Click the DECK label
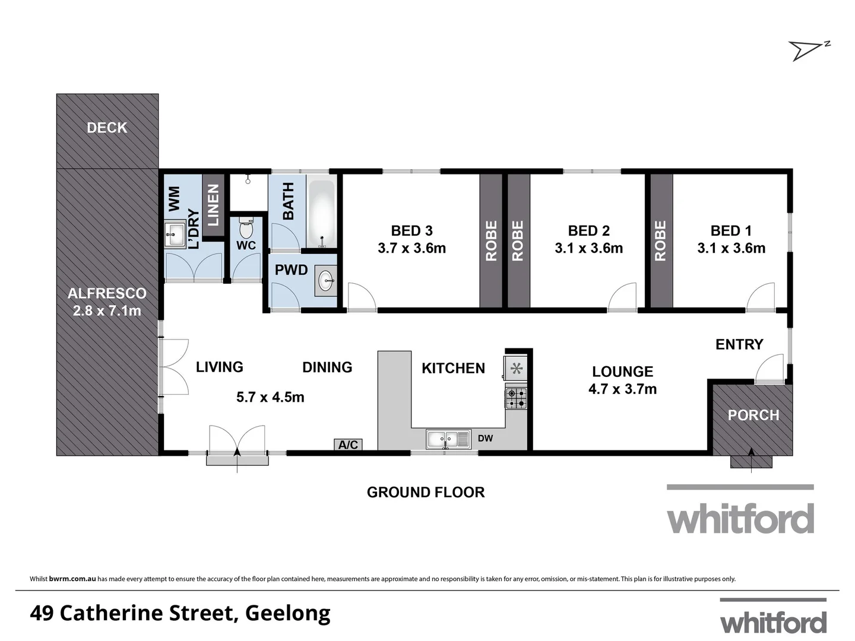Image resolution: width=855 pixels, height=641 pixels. point(107,128)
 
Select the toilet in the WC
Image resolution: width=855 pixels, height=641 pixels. point(246,227)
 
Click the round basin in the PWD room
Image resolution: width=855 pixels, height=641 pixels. point(325,281)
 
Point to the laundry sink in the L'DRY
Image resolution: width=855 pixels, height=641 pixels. point(175,235)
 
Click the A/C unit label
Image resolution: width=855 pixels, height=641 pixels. point(348,445)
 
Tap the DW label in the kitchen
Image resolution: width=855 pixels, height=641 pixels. point(485,439)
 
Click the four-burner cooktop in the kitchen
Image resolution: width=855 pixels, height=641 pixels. point(515,398)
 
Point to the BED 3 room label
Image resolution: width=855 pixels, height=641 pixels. point(411,231)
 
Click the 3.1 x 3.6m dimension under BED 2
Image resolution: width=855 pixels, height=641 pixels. point(588,249)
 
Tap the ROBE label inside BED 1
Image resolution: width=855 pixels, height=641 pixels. point(660,240)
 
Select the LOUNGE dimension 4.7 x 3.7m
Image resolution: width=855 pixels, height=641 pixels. point(622,389)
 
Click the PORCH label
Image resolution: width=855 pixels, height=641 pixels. point(753,415)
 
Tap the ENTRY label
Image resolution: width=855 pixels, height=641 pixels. point(739,345)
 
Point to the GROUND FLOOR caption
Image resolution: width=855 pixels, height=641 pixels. point(425,492)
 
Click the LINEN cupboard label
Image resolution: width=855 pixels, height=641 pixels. point(213,205)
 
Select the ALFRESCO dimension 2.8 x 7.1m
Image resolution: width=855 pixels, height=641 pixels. point(107,310)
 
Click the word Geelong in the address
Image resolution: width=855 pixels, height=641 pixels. point(287,613)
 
